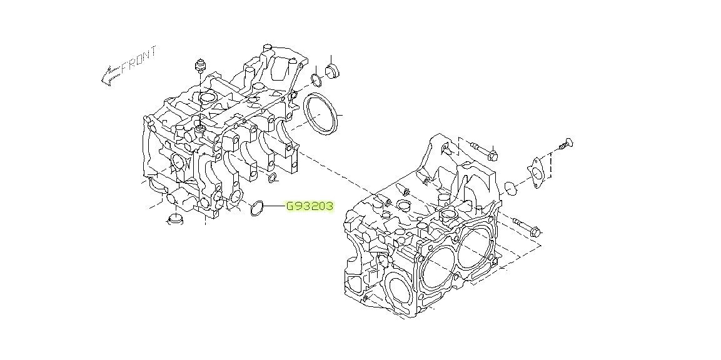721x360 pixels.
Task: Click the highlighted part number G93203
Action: tap(310, 206)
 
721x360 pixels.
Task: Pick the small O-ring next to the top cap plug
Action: tap(316, 79)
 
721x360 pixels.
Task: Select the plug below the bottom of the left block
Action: tap(176, 220)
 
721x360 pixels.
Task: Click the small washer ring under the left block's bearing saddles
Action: tap(272, 181)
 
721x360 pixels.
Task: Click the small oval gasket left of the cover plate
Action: tap(510, 187)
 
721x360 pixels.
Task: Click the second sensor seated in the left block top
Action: tap(201, 128)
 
